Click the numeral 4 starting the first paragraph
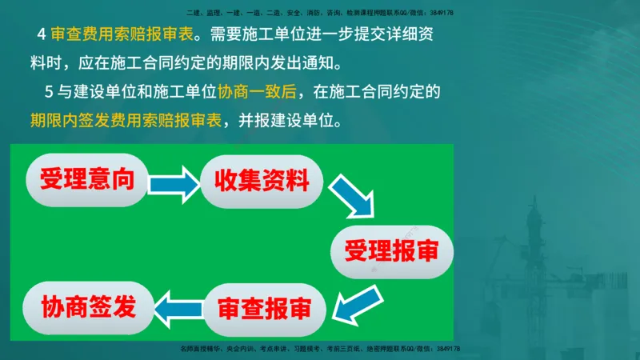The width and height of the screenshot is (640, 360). (42, 36)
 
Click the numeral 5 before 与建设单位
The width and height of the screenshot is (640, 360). (49, 92)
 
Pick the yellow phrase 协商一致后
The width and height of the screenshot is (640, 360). (257, 92)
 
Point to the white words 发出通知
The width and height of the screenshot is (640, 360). (311, 64)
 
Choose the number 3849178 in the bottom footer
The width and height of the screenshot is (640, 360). (448, 349)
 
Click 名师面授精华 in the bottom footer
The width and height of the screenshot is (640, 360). (199, 349)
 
